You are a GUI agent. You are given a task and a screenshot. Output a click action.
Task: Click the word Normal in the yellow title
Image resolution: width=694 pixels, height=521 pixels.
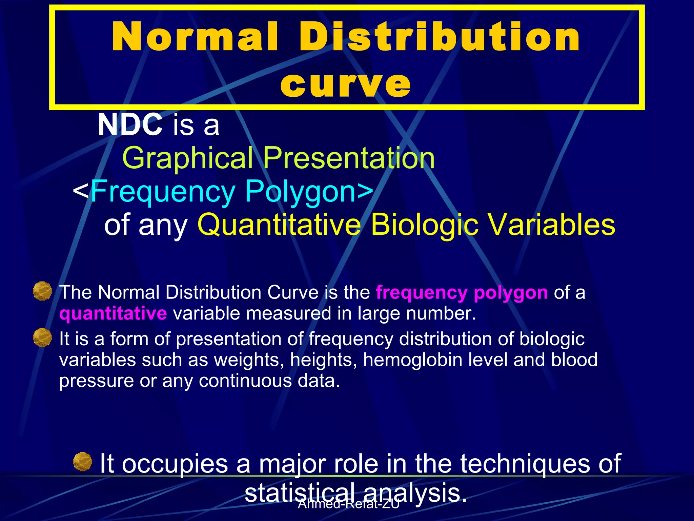[x=196, y=37]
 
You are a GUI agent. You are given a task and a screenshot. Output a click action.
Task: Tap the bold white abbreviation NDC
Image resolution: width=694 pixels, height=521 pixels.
[x=130, y=125]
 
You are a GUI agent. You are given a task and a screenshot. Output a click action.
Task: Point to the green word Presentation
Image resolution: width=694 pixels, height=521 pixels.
[x=349, y=158]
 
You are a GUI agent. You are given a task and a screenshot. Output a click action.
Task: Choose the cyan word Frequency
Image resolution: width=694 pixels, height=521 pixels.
[x=163, y=192]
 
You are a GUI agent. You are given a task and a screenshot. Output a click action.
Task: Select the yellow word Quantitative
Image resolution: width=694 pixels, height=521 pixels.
[x=279, y=225]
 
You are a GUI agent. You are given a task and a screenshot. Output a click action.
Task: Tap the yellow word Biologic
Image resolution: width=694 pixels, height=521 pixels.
[x=425, y=225]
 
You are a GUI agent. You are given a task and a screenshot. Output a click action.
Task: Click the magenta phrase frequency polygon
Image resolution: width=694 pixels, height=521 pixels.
[x=462, y=292]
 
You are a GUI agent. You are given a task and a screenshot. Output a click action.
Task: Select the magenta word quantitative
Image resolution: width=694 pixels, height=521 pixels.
[x=113, y=313]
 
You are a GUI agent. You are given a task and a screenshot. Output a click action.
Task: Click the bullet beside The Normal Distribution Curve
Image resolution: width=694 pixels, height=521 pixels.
[x=42, y=291]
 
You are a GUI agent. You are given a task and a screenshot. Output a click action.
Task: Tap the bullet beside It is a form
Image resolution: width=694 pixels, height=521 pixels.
[x=42, y=337]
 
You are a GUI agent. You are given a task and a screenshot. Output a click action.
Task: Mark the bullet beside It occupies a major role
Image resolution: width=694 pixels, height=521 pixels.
[x=83, y=462]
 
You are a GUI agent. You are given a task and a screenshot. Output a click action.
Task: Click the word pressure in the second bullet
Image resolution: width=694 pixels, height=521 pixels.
[x=96, y=381]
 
